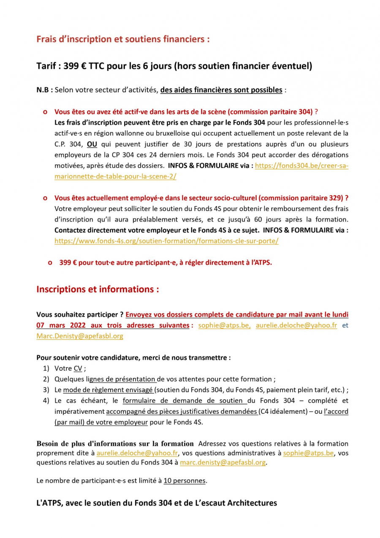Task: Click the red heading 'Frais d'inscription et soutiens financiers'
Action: click(123, 39)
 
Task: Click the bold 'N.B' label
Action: click(43, 90)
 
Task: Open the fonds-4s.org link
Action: click(166, 241)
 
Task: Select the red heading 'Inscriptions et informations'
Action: click(98, 289)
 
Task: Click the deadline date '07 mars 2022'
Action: click(61, 325)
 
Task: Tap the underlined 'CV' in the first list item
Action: click(78, 369)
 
